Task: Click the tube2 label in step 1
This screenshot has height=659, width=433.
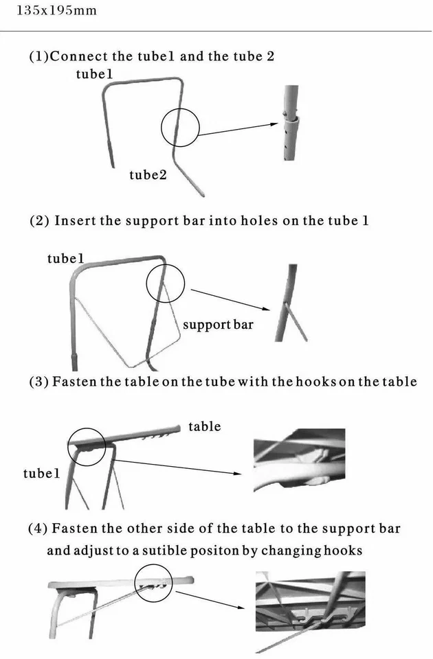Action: coord(148,175)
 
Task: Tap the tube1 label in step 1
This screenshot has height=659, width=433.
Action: coord(94,73)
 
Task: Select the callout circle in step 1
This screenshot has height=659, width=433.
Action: coord(180,128)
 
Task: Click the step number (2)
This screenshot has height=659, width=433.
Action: coord(38,221)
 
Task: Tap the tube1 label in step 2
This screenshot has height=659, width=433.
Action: coord(65,259)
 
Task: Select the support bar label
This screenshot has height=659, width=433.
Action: coord(217,324)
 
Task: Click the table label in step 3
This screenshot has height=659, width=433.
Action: coord(205,426)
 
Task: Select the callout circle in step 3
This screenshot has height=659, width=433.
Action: coord(87,447)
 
